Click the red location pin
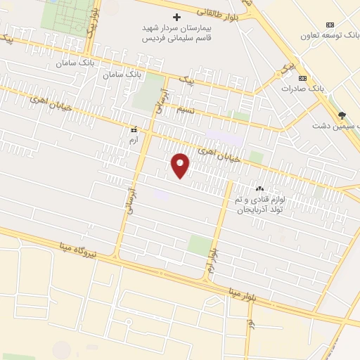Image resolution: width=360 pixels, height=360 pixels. click(x=181, y=165)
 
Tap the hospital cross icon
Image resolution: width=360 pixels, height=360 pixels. click(x=176, y=16)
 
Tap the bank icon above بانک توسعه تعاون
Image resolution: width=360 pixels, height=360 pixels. click(x=331, y=23)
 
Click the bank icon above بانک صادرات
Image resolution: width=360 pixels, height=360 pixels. click(x=303, y=78)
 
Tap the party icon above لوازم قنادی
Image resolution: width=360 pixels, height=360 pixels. click(x=259, y=188)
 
